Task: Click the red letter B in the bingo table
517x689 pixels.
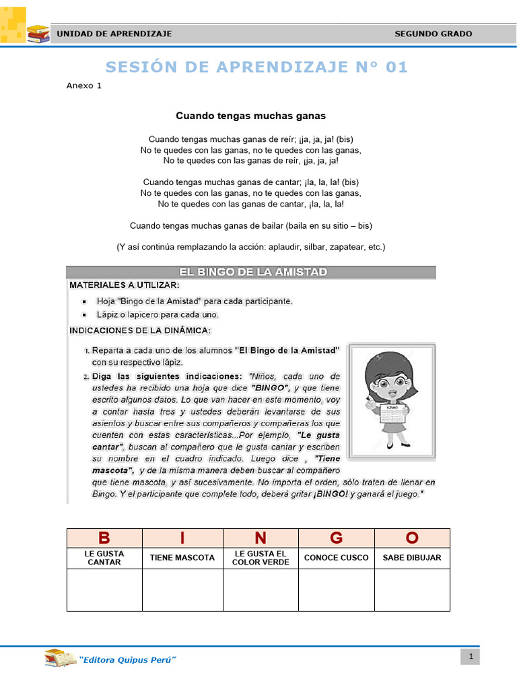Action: [x=104, y=538]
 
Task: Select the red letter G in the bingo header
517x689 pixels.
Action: [x=337, y=538]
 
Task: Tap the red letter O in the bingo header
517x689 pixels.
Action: [x=412, y=538]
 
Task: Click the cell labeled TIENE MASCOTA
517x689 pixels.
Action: [x=182, y=558]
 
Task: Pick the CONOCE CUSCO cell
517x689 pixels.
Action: [x=337, y=558]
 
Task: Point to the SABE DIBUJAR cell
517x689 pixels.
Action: [x=412, y=558]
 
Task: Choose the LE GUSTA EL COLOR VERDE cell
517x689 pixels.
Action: [x=261, y=558]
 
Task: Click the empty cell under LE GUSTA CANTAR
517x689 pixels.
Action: [x=104, y=590]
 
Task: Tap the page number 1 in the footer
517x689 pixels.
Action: [x=471, y=657]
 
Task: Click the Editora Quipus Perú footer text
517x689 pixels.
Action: [x=127, y=660]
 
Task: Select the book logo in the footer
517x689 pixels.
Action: [x=61, y=659]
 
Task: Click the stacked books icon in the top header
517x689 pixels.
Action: [x=38, y=33]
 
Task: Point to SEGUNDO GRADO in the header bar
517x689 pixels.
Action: [x=433, y=34]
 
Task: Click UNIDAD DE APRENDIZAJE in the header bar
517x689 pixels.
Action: [x=114, y=34]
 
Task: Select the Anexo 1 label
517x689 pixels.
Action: [x=84, y=85]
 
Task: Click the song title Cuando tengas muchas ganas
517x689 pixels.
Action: [x=250, y=116]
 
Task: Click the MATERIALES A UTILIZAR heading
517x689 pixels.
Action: [x=125, y=285]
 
